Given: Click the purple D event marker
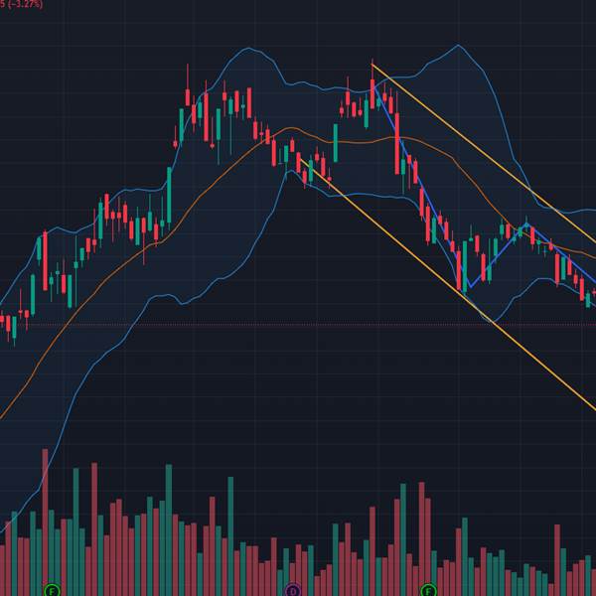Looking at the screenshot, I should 293,590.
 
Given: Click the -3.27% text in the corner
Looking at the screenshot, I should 22,4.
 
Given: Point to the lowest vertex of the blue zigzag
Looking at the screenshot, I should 468,287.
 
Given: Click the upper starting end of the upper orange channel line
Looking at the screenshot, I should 372,66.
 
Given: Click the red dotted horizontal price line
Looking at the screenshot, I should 298,325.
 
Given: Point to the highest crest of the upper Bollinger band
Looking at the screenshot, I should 457,46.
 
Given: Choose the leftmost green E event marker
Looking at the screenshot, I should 53,590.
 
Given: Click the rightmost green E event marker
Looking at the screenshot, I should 430,590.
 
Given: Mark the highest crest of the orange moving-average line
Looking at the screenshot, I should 291,127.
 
